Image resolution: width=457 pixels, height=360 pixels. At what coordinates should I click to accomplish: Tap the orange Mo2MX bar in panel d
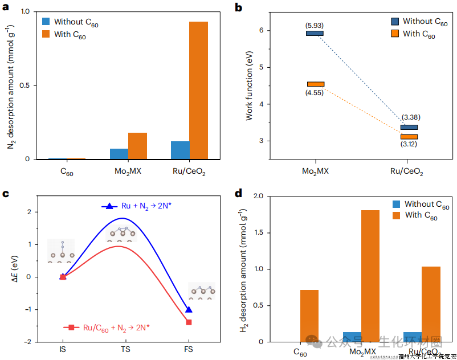click(370, 276)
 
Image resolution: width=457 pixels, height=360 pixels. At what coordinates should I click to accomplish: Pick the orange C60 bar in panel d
click(309, 316)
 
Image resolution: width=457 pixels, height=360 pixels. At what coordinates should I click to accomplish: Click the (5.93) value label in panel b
click(315, 25)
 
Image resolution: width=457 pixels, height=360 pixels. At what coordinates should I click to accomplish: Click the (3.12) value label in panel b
click(409, 145)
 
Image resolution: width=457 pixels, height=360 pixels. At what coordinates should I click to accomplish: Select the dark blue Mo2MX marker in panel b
click(315, 34)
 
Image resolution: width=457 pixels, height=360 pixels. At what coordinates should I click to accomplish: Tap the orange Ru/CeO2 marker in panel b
click(409, 137)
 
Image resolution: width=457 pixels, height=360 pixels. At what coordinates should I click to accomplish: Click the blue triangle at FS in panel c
click(189, 309)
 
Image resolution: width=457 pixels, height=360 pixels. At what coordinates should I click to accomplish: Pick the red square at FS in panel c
click(189, 322)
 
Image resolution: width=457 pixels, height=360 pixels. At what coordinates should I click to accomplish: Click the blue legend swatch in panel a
click(47, 21)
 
